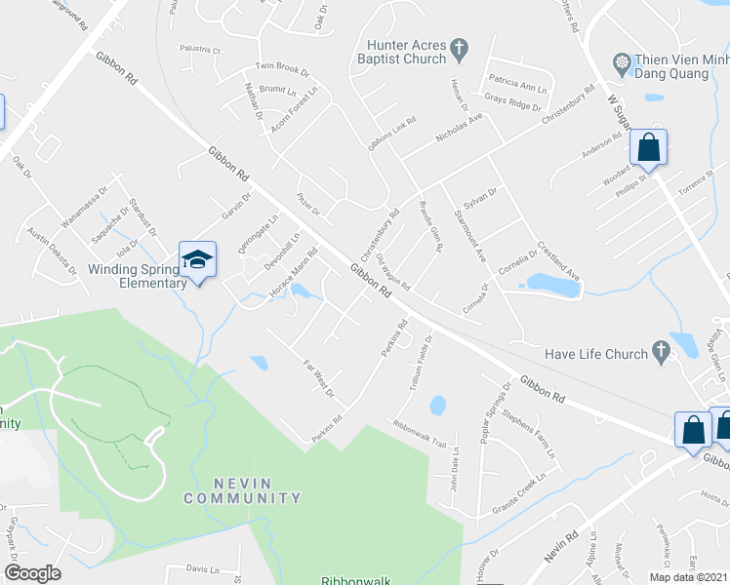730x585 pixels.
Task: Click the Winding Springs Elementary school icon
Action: (196, 260)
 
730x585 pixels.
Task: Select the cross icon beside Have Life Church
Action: (661, 349)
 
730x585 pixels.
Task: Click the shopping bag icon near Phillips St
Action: (647, 149)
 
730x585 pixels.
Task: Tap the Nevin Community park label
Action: (242, 490)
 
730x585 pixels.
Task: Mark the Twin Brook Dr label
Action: (282, 70)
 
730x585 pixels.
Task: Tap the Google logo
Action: (32, 573)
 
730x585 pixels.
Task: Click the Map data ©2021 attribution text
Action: (688, 577)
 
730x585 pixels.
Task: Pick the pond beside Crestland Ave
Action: (553, 283)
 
